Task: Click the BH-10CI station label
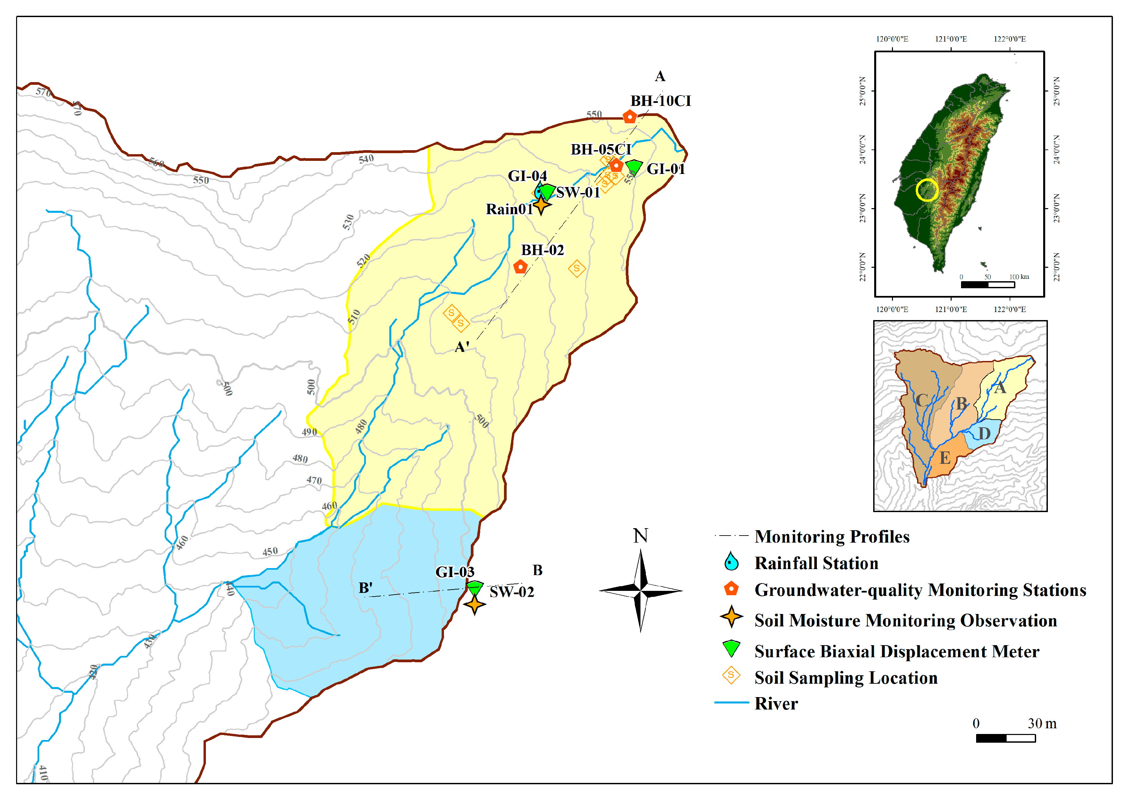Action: pyautogui.click(x=660, y=101)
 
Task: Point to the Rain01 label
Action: pyautogui.click(x=509, y=209)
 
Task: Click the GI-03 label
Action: pyautogui.click(x=454, y=572)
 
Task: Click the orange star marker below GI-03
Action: pyautogui.click(x=474, y=604)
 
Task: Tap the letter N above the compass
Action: pyautogui.click(x=640, y=536)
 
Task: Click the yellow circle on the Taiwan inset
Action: pyautogui.click(x=927, y=190)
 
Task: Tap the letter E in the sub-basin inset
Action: pyautogui.click(x=944, y=458)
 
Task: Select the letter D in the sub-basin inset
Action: pyautogui.click(x=984, y=434)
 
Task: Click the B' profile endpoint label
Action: pyautogui.click(x=365, y=588)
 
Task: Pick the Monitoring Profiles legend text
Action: pyautogui.click(x=832, y=536)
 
